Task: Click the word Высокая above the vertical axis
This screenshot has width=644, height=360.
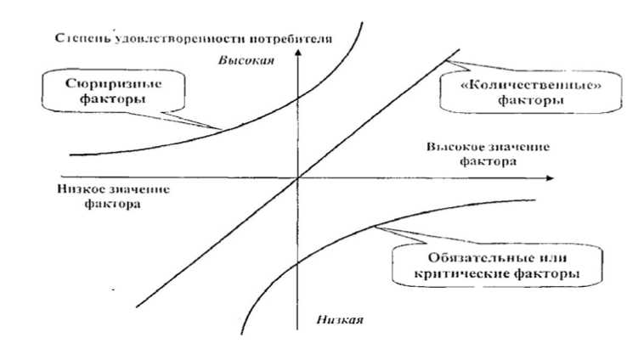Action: pyautogui.click(x=245, y=61)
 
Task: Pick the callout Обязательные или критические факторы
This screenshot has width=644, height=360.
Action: pyautogui.click(x=487, y=266)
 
